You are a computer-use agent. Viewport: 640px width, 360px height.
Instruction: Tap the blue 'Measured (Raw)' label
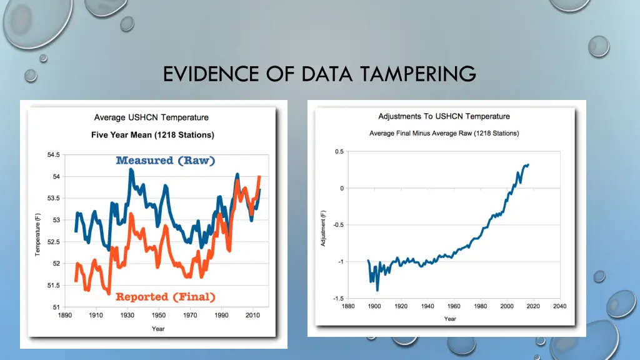(166, 161)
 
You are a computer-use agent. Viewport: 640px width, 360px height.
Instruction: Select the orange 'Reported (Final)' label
(166, 297)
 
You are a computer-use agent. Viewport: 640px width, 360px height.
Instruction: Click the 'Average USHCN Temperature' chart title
(151, 117)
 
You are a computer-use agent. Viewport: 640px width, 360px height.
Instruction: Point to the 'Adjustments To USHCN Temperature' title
(444, 116)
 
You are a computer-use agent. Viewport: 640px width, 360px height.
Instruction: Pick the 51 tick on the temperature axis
(56, 307)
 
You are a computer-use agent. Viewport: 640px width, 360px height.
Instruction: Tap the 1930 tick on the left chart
(127, 316)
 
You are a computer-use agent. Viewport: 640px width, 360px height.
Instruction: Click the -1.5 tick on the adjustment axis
(337, 298)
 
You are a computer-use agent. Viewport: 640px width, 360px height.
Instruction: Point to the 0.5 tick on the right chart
(339, 151)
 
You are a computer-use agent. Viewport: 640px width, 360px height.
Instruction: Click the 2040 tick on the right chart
(559, 306)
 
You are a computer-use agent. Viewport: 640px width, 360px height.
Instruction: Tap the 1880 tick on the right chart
(349, 306)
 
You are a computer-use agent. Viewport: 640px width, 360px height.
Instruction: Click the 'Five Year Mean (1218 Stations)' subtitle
(152, 135)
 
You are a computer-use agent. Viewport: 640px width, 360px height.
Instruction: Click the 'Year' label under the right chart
(450, 319)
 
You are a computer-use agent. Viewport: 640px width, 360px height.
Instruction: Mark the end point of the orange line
(259, 177)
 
